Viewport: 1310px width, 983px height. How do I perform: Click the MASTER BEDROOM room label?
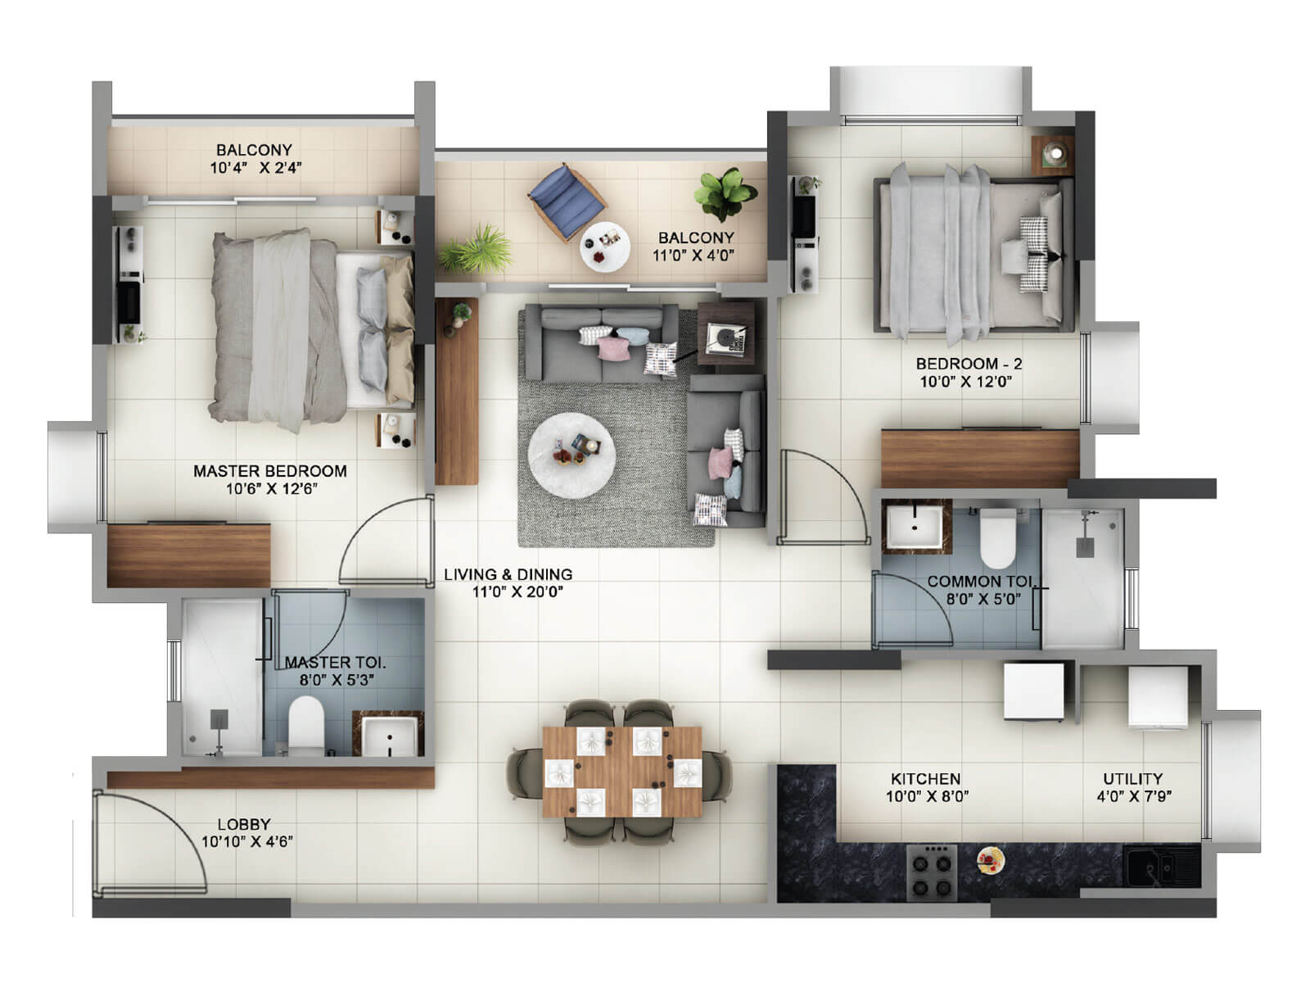pyautogui.click(x=269, y=471)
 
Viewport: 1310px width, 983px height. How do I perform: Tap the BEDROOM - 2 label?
pyautogui.click(x=969, y=363)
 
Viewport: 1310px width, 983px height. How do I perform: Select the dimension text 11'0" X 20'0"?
pyautogui.click(x=517, y=592)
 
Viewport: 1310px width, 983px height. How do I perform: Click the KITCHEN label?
pyautogui.click(x=925, y=778)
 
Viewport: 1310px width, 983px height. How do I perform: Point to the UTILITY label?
pyautogui.click(x=1132, y=778)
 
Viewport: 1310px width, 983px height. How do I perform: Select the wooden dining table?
pyautogui.click(x=621, y=771)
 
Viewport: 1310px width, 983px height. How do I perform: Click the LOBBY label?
pyautogui.click(x=243, y=824)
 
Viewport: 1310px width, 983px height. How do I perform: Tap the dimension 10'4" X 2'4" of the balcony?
pyautogui.click(x=255, y=169)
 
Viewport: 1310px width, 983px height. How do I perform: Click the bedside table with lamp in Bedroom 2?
pyautogui.click(x=1051, y=153)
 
